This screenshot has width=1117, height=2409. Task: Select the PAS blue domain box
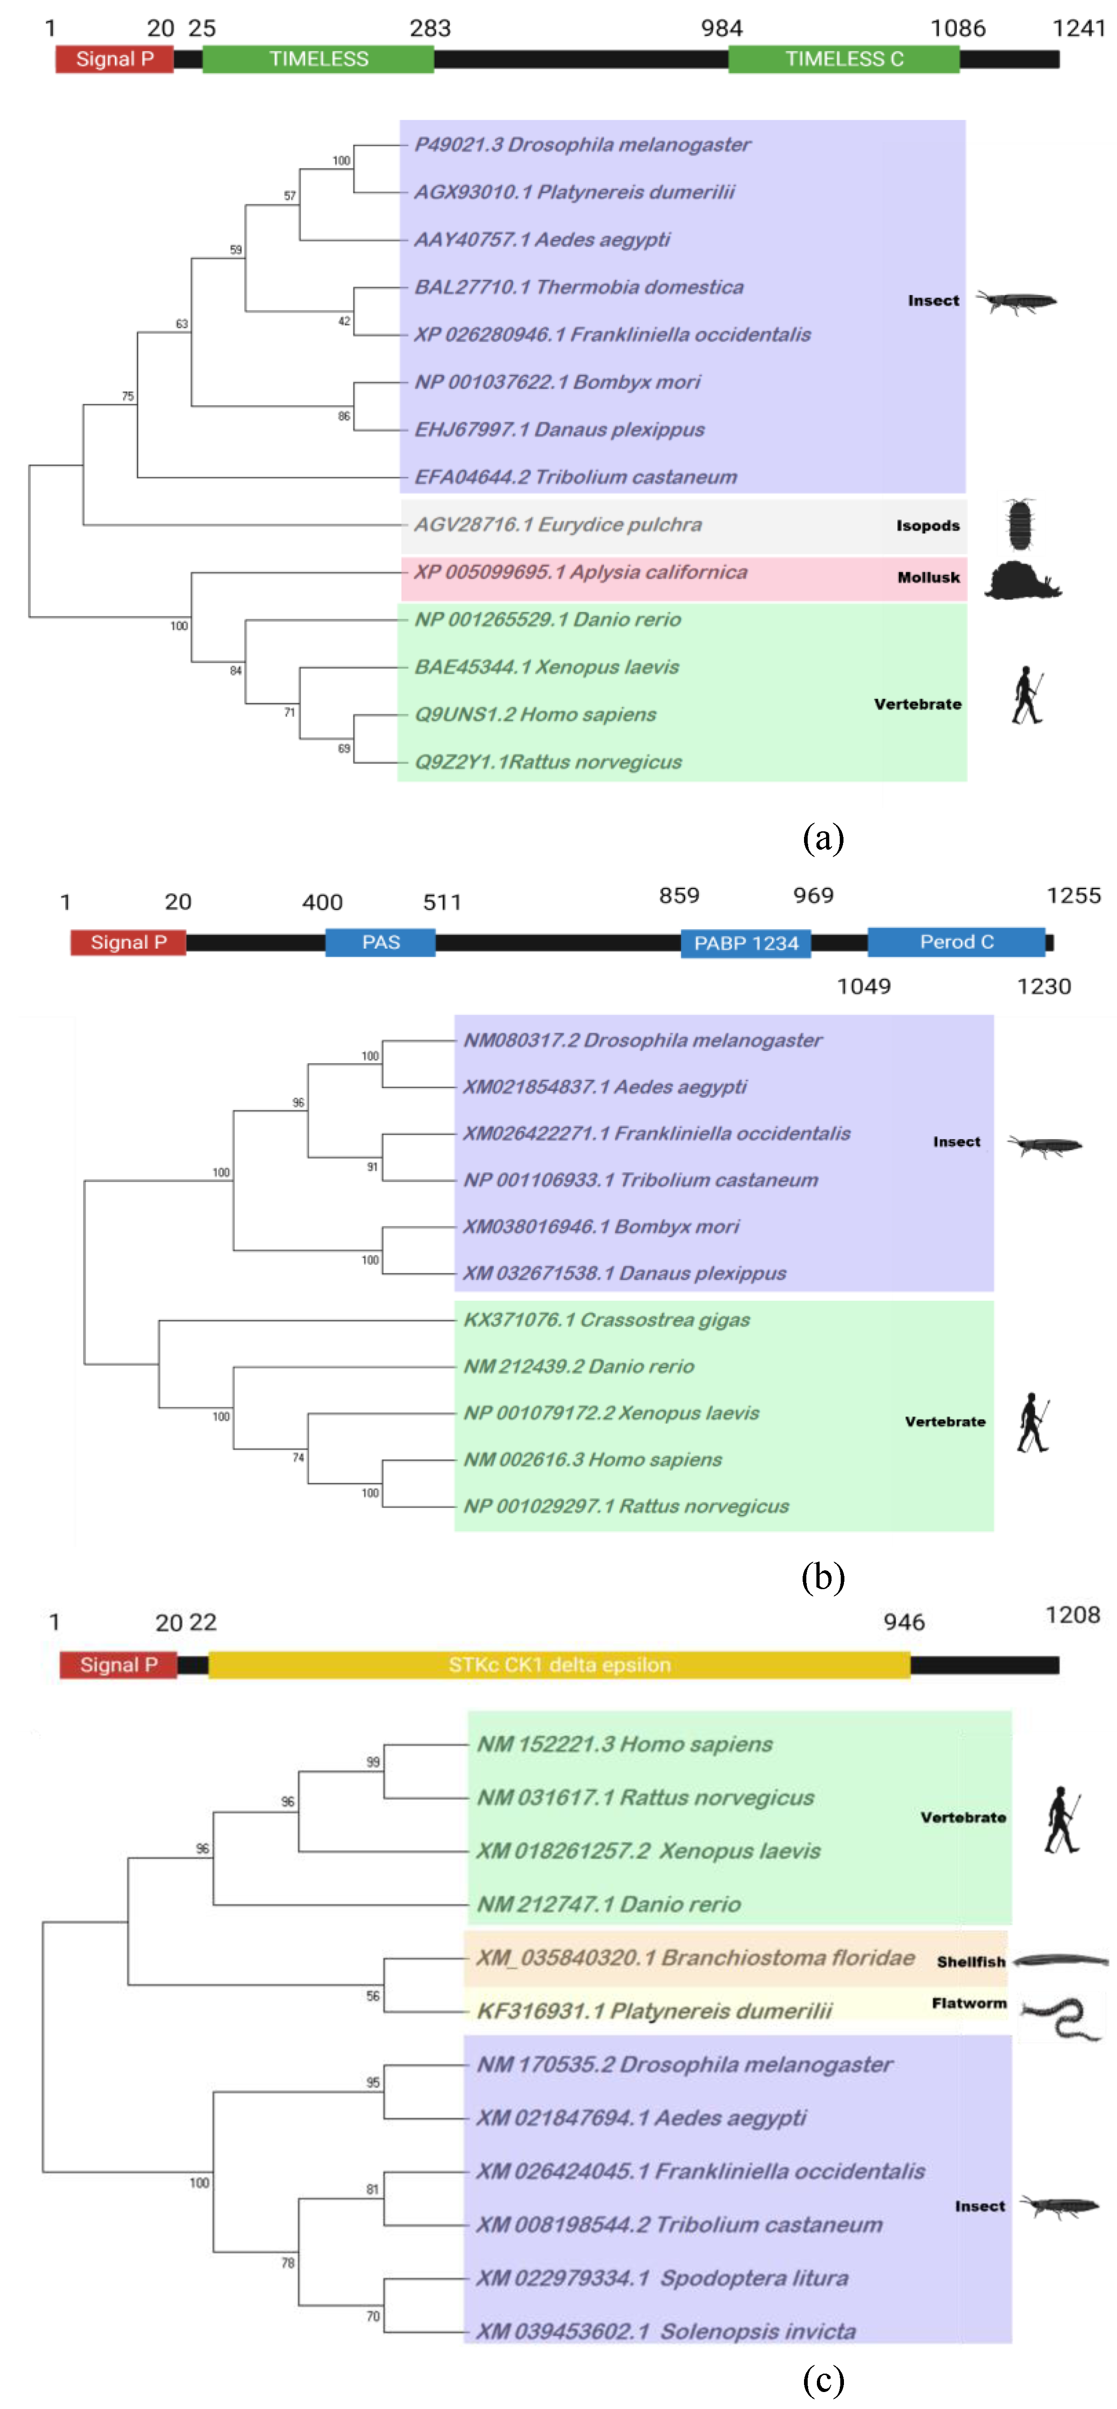click(380, 942)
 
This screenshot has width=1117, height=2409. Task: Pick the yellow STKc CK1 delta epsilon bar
click(559, 1664)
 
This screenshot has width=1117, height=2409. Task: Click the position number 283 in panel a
click(430, 28)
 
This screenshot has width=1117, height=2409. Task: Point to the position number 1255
click(1073, 895)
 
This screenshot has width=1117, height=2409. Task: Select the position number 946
click(904, 1622)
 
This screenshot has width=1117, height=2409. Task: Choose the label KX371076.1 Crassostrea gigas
click(607, 1320)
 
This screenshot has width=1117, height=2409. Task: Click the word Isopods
click(927, 525)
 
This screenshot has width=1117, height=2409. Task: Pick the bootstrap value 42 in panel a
click(344, 321)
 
